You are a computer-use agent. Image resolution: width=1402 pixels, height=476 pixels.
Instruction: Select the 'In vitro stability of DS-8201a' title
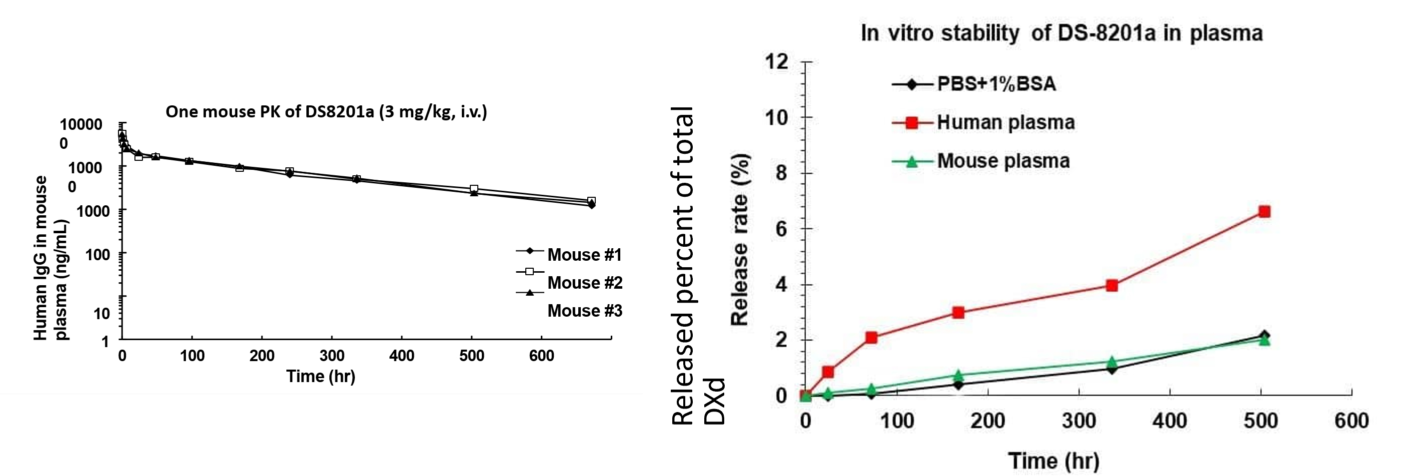tap(1061, 33)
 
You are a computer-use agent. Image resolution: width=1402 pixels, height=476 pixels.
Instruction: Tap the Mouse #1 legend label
tap(584, 255)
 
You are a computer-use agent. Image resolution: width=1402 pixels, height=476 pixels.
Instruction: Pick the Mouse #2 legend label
tap(584, 283)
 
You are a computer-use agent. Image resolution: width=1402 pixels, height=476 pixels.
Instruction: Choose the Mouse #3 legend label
tap(584, 311)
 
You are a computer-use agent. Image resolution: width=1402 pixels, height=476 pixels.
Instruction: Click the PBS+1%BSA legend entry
tap(996, 84)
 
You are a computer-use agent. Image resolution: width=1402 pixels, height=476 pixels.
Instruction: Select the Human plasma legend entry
tap(1006, 122)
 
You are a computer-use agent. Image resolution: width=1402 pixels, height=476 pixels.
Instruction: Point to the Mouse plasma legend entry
tap(1003, 161)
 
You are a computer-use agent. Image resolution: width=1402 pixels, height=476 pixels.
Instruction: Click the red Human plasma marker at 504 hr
tap(1265, 212)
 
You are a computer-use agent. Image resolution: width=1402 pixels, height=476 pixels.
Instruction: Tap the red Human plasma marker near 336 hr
tap(1112, 285)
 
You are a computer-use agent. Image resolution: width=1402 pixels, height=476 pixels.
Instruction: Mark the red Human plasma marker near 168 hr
tap(959, 312)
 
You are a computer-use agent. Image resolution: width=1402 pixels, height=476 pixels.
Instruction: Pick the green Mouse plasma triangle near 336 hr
tap(1112, 362)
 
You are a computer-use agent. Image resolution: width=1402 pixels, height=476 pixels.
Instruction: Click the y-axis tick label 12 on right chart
tap(777, 61)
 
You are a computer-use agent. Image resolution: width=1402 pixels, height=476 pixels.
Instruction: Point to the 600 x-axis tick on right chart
tap(1352, 421)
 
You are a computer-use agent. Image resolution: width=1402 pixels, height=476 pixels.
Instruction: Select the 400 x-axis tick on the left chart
tap(402, 356)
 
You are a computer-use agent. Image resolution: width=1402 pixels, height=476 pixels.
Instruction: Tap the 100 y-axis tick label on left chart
tap(97, 254)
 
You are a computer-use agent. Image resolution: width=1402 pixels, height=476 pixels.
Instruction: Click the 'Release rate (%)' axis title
tap(740, 239)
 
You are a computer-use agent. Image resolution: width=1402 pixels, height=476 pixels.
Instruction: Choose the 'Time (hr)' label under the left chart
tap(320, 377)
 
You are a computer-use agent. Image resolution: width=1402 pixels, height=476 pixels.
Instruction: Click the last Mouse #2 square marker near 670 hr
tap(592, 201)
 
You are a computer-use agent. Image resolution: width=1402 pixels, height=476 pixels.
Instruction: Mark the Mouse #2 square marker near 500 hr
tap(474, 189)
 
